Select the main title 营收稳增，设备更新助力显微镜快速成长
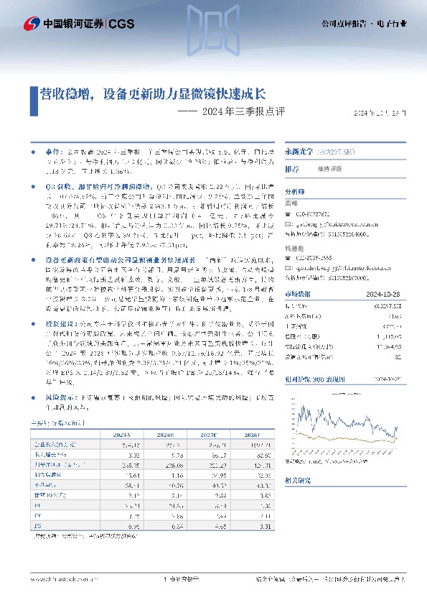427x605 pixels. pyautogui.click(x=152, y=94)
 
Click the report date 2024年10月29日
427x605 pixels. pyautogui.click(x=384, y=114)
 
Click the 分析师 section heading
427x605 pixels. pyautogui.click(x=296, y=193)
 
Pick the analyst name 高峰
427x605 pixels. pyautogui.click(x=292, y=204)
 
